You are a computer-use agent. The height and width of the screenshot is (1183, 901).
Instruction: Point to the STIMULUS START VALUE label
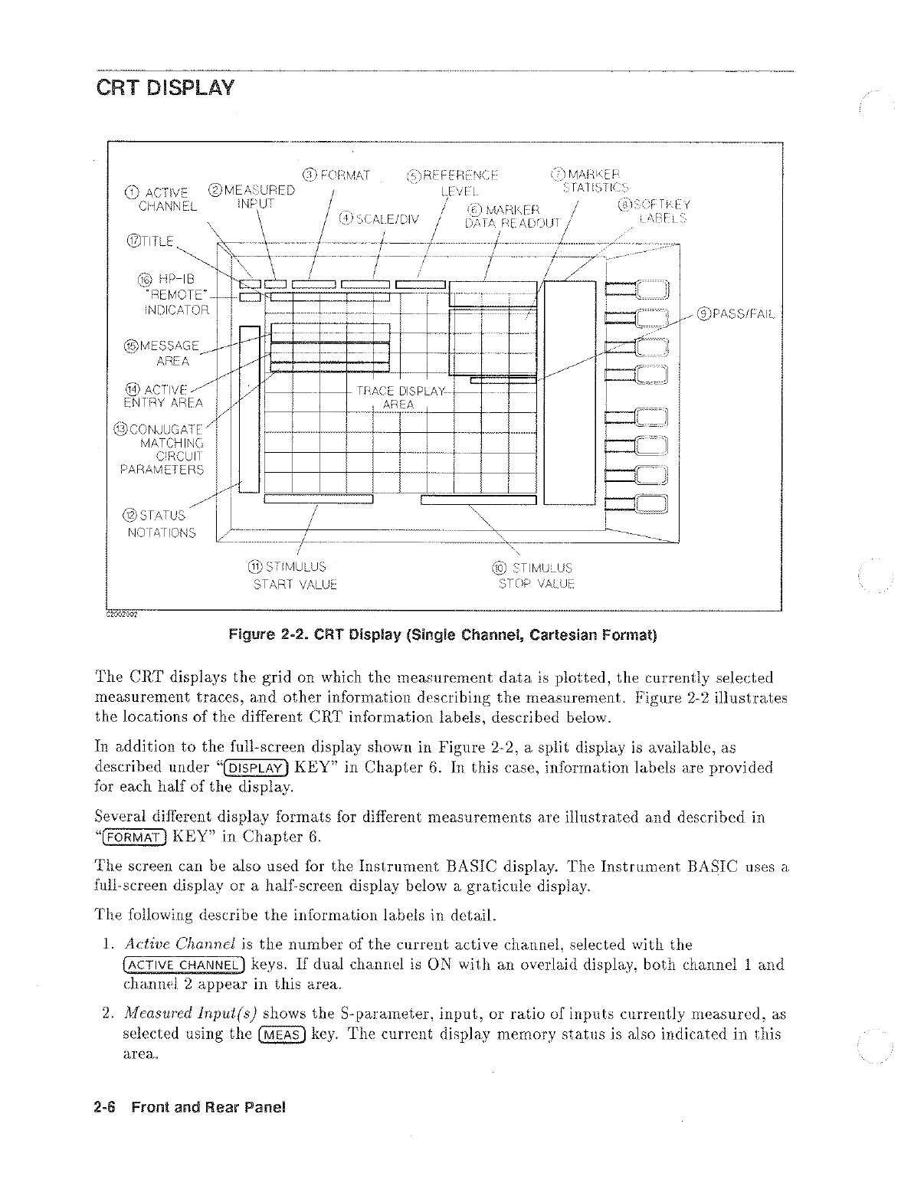pos(285,575)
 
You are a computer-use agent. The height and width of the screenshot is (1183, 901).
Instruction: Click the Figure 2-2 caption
pos(443,635)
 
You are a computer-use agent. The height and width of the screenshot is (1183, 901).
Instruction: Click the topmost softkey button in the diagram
pos(646,289)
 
